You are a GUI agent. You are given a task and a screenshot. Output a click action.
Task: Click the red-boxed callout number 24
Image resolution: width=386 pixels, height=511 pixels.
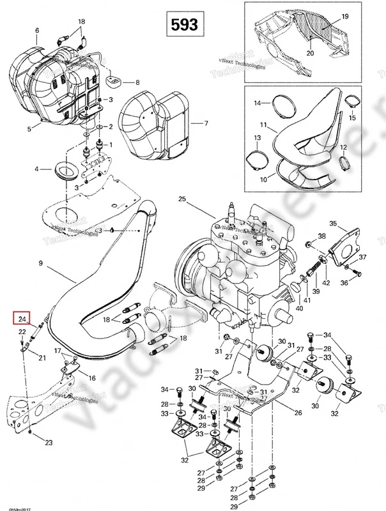click(22, 319)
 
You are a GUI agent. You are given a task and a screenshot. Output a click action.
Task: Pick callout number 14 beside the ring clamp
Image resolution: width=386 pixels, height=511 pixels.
click(258, 103)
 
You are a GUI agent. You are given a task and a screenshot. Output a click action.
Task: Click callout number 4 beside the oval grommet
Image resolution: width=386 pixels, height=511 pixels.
click(37, 170)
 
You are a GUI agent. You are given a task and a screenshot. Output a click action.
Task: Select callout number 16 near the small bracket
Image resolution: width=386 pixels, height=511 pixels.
click(91, 378)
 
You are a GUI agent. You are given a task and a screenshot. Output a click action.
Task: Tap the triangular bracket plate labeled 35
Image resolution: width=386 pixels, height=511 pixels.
click(339, 243)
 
